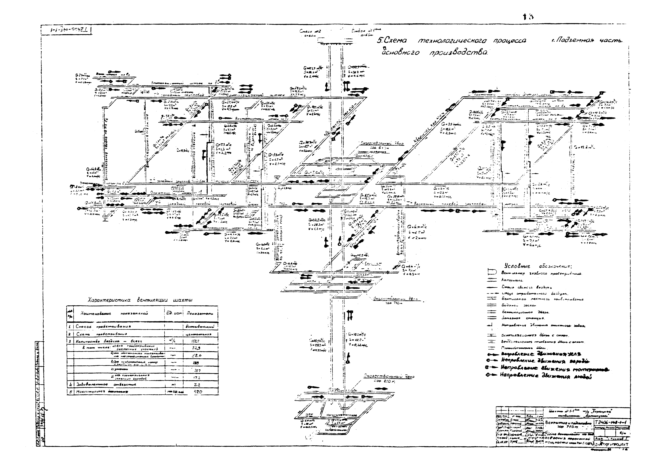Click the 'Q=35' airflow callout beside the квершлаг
point(451,124)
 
